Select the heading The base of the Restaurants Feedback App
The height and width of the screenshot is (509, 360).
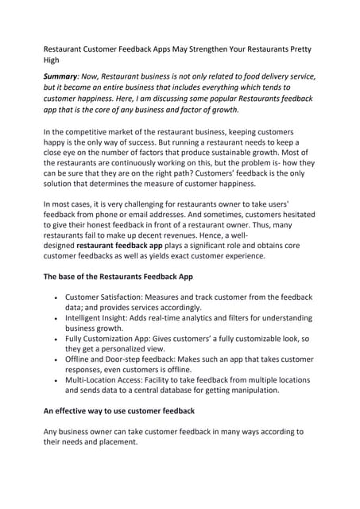[128, 277]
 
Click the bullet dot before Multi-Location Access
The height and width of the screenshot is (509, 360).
[55, 380]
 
